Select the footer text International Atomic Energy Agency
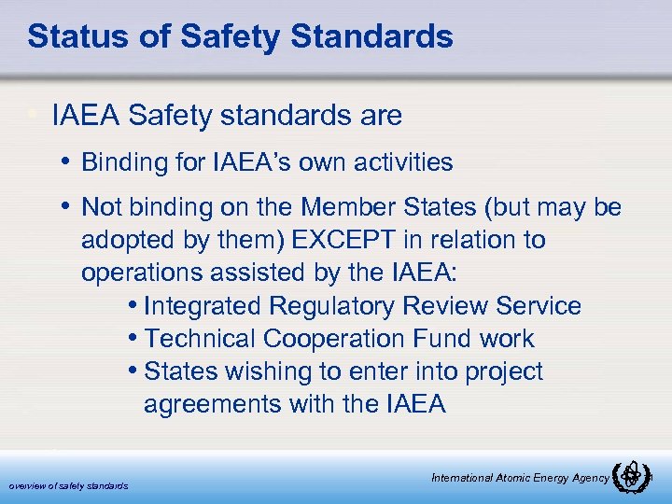[520, 478]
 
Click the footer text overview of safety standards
[68, 485]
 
